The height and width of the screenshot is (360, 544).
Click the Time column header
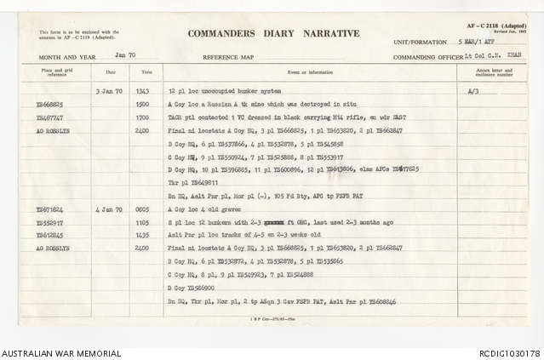click(x=146, y=72)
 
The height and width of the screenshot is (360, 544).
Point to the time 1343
click(x=143, y=90)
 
